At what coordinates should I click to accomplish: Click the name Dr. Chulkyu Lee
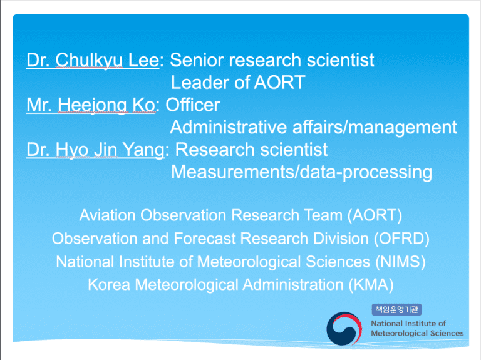coord(93,60)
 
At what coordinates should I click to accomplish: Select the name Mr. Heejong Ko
coord(91,105)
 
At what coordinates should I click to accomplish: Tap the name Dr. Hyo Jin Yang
coord(95,150)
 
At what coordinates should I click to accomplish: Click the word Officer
coord(193,105)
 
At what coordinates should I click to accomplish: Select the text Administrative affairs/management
coord(314,128)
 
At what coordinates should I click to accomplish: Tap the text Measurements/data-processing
coord(301,172)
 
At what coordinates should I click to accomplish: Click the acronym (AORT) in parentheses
coord(375,215)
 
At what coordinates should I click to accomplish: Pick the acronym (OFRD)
coord(401,239)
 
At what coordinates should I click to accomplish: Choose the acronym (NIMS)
coord(400,262)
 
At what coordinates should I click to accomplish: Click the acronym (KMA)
coord(371,285)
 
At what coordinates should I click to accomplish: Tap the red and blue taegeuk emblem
coord(344,329)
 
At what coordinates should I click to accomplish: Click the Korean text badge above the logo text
coord(396,309)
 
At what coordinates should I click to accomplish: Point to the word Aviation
coord(107,215)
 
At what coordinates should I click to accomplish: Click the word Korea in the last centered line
coord(109,285)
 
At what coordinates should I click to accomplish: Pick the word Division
coord(341,239)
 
